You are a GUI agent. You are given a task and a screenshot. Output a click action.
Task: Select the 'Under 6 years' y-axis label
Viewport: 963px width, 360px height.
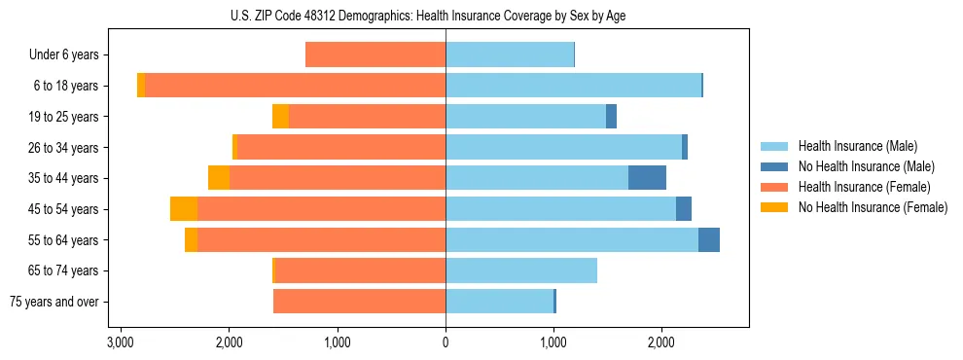click(64, 54)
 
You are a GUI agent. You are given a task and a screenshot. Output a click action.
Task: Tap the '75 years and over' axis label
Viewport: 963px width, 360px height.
click(53, 302)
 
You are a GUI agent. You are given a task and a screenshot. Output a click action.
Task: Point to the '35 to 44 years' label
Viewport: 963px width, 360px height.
click(63, 178)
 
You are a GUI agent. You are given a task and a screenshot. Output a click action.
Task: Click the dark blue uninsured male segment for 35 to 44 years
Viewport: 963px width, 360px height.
click(647, 178)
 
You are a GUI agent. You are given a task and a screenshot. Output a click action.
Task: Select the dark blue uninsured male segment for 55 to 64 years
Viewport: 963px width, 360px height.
click(709, 239)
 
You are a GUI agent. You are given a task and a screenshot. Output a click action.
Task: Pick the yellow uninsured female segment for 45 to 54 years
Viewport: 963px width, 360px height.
click(184, 209)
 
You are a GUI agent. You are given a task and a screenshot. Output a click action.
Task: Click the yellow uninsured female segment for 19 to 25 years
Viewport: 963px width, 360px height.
click(280, 117)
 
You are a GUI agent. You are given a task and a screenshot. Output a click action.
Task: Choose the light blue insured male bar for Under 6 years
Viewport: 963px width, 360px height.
click(510, 54)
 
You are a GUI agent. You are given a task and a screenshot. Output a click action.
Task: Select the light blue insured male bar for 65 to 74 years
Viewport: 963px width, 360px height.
click(521, 270)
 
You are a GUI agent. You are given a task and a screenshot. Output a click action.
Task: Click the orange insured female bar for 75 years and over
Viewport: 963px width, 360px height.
click(359, 302)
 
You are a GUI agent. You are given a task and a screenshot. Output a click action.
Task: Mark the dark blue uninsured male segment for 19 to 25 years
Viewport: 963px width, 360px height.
click(611, 117)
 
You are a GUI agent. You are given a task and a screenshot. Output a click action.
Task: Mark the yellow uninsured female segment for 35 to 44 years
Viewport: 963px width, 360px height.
click(219, 178)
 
